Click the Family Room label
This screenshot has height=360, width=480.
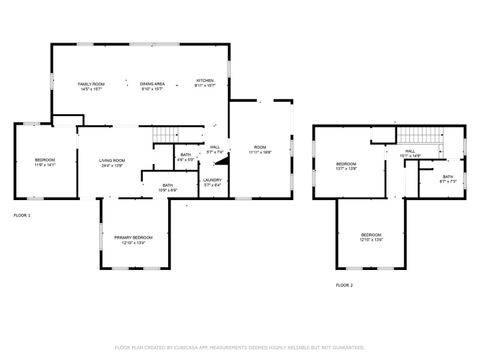(92, 87)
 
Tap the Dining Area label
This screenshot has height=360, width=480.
(152, 87)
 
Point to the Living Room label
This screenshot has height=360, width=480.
(111, 163)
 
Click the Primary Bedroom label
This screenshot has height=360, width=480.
(133, 240)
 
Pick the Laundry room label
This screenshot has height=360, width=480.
(213, 183)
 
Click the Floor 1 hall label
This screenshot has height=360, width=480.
(215, 150)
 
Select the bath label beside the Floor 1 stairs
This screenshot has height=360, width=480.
(186, 157)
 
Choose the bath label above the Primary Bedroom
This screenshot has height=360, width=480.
(168, 187)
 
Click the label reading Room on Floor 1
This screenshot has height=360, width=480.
(260, 148)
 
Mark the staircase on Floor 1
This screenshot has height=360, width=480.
(164, 137)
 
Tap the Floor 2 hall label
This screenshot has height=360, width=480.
(410, 154)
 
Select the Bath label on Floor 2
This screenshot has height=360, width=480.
(447, 180)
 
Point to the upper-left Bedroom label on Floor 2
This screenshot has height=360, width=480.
(346, 166)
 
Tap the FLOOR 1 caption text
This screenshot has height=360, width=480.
(22, 215)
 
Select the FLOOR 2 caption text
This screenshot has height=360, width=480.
(344, 285)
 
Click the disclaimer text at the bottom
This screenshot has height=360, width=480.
(240, 347)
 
